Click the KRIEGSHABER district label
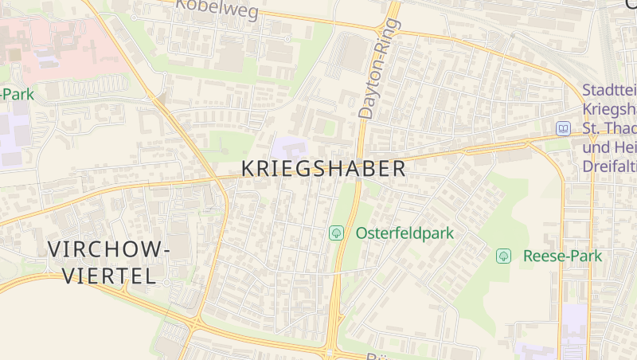point(323,169)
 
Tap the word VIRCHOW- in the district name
point(109,249)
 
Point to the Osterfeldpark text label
point(404,233)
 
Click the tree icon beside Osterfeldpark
point(337,233)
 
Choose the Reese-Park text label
point(562,256)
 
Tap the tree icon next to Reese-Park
point(503,256)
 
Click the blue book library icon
point(564,127)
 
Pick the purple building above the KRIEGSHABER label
point(289,147)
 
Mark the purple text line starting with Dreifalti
point(609,167)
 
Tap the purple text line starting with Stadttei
point(609,91)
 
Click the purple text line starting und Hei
point(609,148)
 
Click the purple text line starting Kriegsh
point(609,110)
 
